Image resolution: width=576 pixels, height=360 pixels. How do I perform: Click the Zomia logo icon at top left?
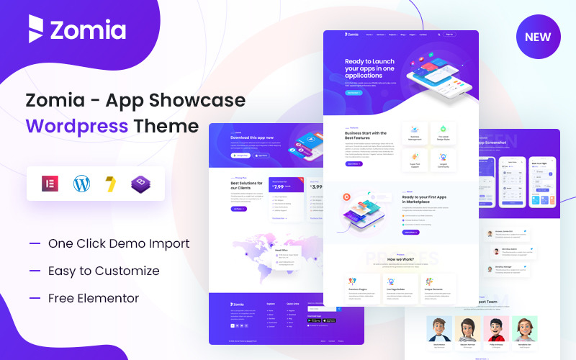pos(36,30)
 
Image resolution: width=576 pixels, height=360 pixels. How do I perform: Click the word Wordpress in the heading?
pos(77,126)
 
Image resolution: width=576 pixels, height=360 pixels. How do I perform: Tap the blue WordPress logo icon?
pos(81,184)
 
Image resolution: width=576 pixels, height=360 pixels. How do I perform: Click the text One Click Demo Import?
pos(119,243)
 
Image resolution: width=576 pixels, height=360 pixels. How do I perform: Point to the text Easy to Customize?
pos(104,271)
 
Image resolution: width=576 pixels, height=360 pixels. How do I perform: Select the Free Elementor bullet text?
pos(94,298)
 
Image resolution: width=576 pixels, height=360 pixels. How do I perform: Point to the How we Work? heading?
pos(400,258)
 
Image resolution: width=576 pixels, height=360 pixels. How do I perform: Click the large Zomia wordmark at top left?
pos(87,30)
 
